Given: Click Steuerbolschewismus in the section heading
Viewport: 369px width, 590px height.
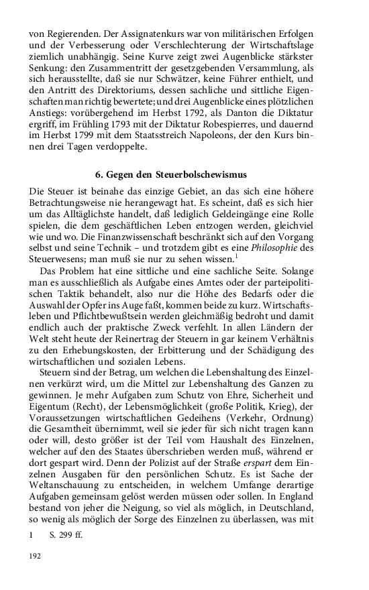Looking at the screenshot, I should click(200, 176).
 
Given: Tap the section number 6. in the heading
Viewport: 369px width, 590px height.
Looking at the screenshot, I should click(99, 176).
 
